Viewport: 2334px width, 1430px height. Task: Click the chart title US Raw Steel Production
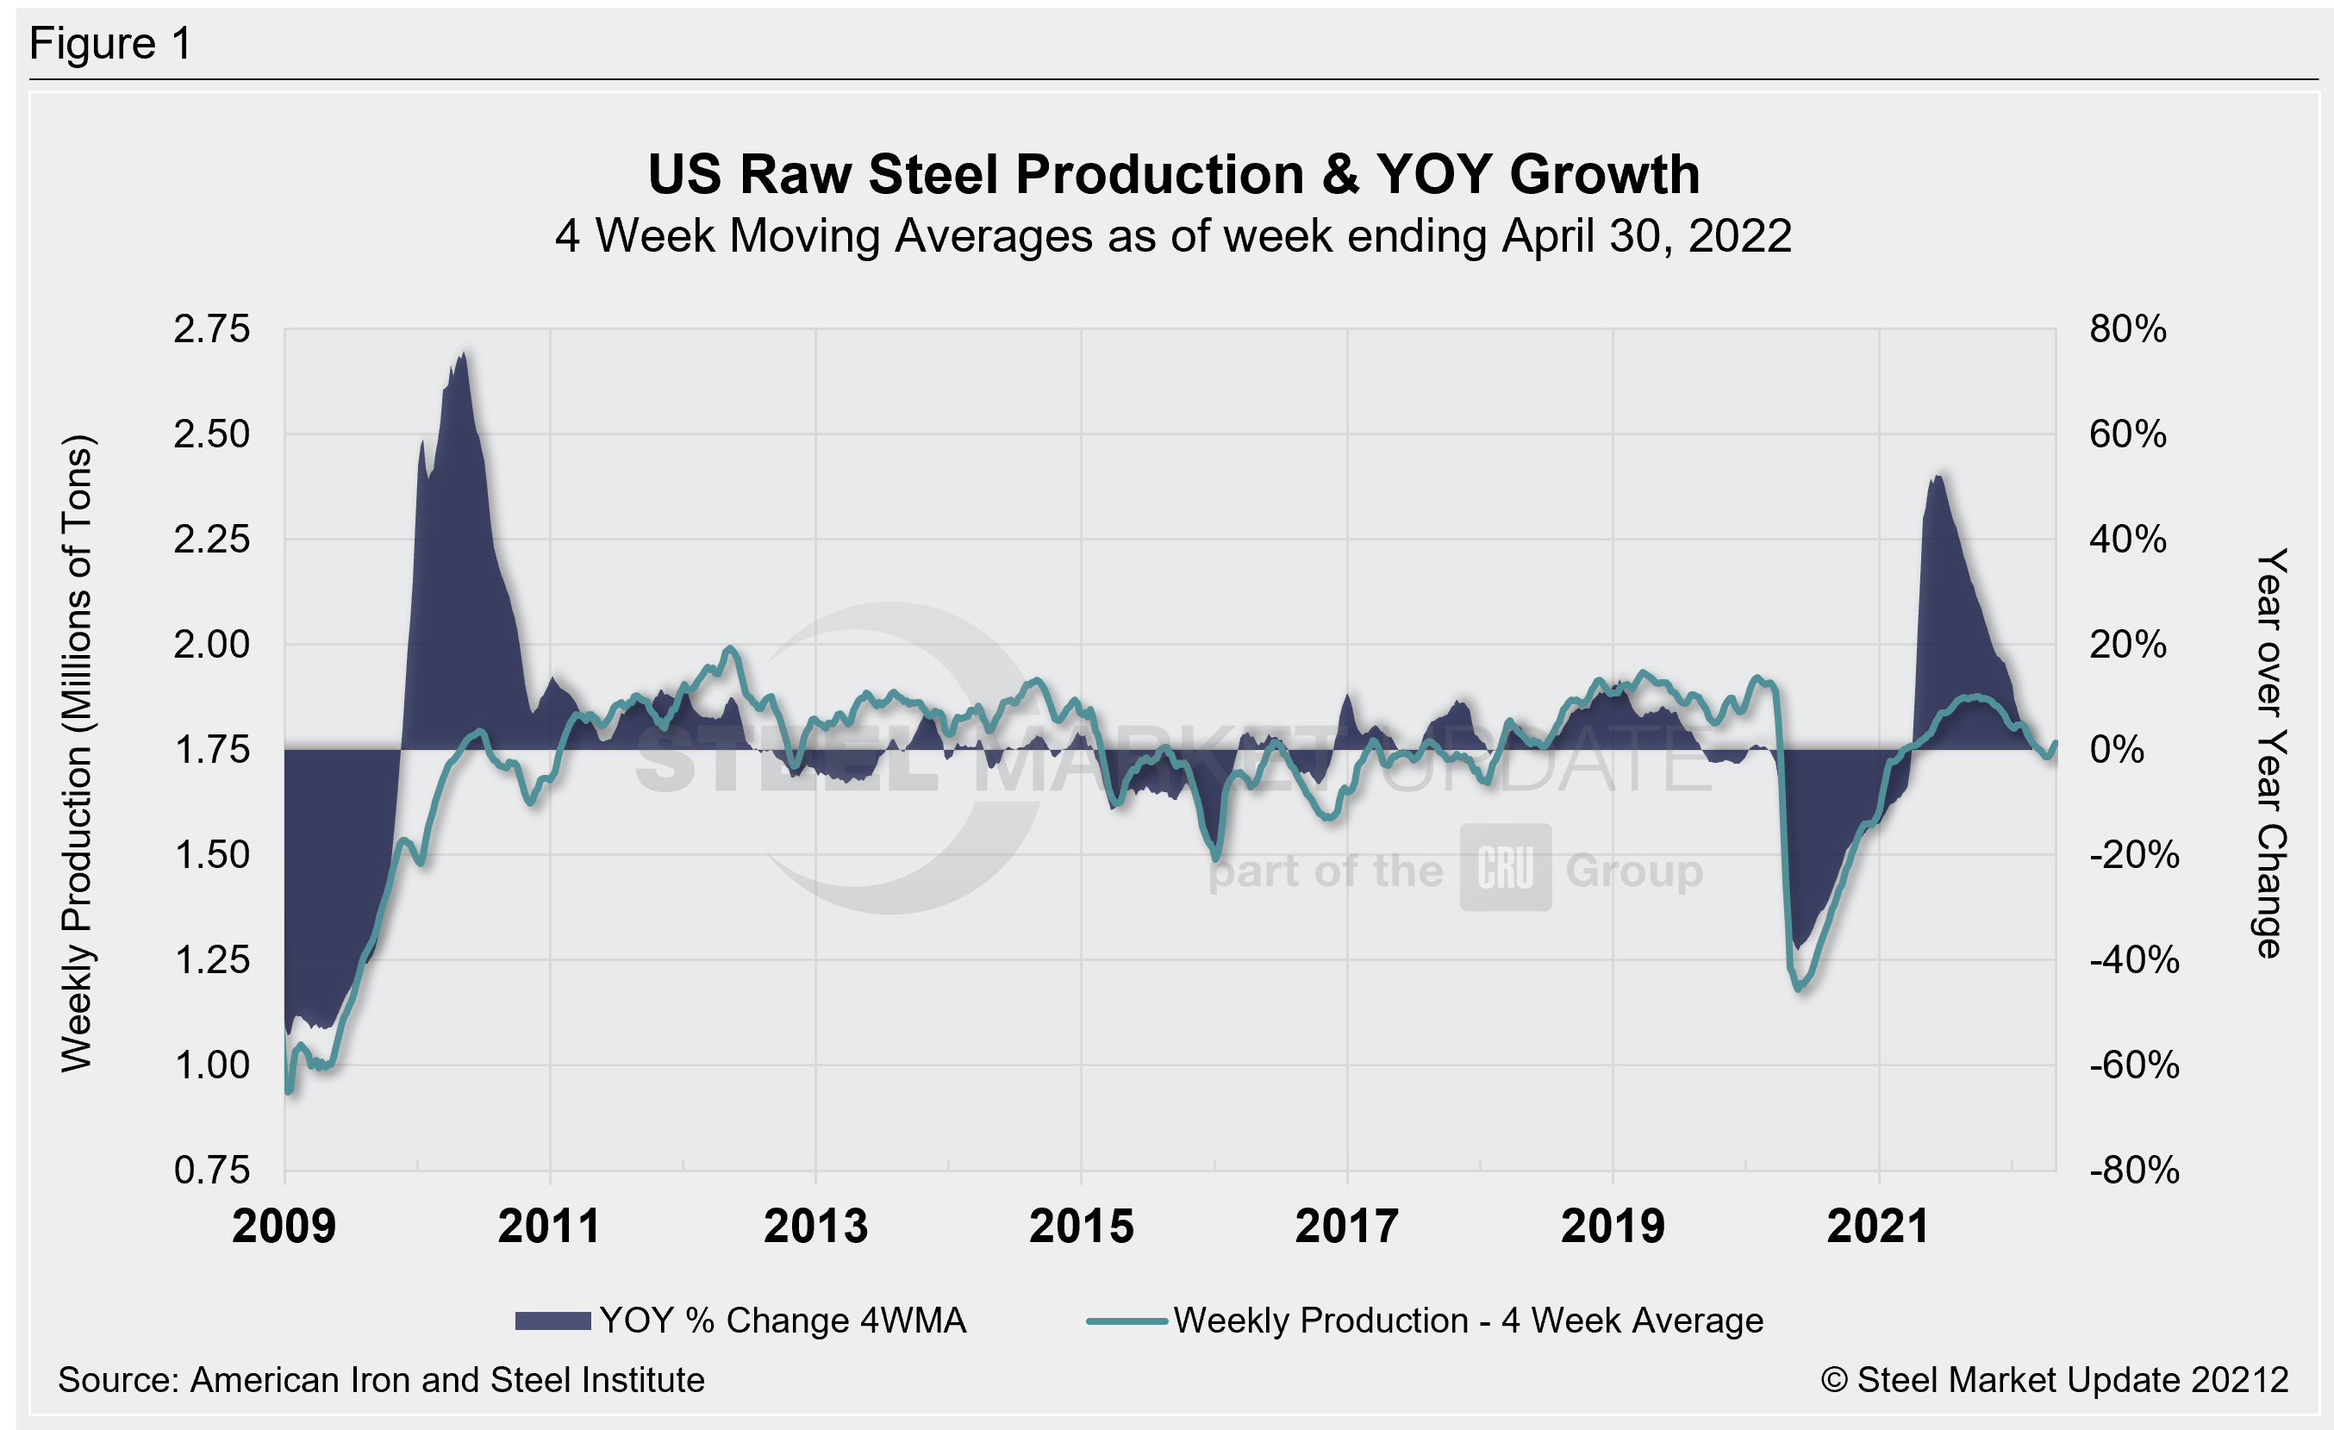[x=1173, y=174]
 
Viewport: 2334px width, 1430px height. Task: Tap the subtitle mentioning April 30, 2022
[x=1173, y=236]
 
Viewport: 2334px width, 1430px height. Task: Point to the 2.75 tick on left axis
[x=211, y=329]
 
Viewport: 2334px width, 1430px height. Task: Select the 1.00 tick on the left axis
[x=211, y=1065]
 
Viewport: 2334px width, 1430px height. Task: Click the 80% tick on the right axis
[x=2127, y=329]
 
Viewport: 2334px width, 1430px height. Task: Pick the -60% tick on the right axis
[x=2133, y=1065]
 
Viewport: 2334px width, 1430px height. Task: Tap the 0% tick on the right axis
[x=2117, y=750]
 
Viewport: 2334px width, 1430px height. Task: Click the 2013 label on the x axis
[x=815, y=1227]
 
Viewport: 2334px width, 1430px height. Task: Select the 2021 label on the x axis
[x=1878, y=1227]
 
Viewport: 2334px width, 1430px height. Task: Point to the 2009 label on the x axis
[x=284, y=1227]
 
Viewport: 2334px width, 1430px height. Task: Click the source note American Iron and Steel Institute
[x=381, y=1380]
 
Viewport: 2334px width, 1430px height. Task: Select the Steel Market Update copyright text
[x=2054, y=1380]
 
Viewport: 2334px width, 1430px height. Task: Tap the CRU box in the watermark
[x=1505, y=867]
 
